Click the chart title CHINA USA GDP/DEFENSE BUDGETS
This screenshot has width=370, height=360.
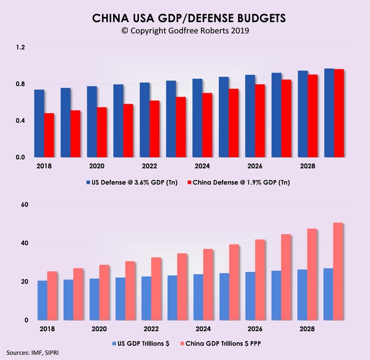(184, 18)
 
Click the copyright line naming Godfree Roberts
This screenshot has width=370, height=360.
(184, 31)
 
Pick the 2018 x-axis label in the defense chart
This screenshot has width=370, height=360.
(44, 165)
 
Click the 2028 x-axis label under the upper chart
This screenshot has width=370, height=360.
(307, 165)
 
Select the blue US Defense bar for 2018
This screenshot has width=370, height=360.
(39, 123)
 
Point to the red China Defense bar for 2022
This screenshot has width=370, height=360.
(155, 128)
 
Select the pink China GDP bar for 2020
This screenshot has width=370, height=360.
(104, 292)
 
